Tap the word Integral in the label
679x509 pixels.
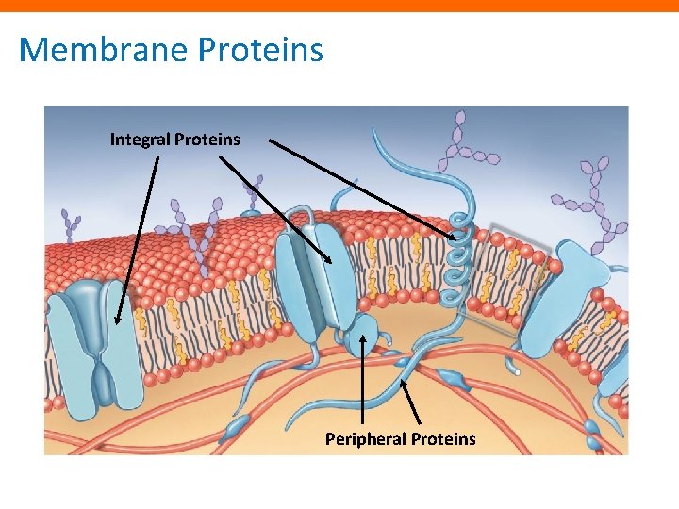[141, 140]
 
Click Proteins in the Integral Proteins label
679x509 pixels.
[209, 140]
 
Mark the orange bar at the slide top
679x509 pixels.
[339, 6]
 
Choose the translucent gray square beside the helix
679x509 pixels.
[509, 273]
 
